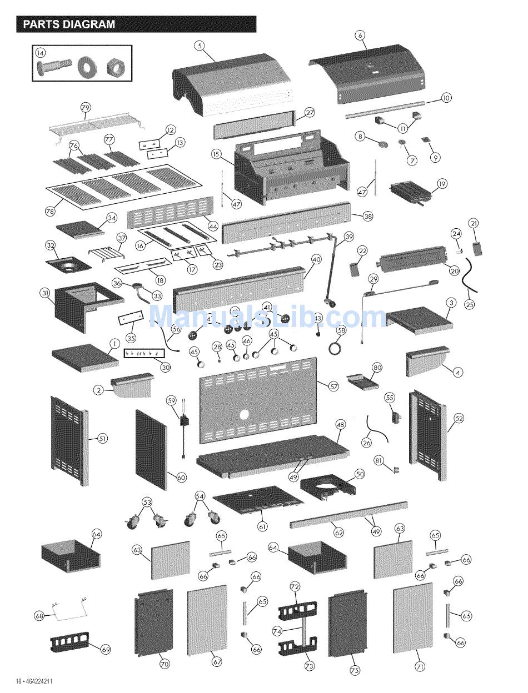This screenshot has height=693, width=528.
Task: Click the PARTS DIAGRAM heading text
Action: (x=69, y=24)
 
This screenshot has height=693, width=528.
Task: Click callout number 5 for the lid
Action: (x=200, y=46)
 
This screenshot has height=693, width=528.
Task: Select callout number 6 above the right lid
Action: (x=360, y=36)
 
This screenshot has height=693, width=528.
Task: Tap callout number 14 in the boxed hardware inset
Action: (x=41, y=53)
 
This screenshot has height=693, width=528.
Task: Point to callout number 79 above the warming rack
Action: (x=86, y=108)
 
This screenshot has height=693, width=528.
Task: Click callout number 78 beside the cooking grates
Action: (x=50, y=211)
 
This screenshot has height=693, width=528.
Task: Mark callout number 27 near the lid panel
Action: (x=310, y=112)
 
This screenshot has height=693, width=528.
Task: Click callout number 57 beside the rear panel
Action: (x=333, y=387)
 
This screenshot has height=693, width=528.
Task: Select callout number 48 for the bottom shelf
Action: (x=340, y=425)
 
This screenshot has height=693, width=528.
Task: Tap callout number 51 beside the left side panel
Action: (x=102, y=439)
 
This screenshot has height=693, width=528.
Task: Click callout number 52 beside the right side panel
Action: (x=459, y=418)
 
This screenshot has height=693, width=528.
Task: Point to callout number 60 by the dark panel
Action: (x=182, y=478)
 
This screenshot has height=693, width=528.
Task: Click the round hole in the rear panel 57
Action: (x=244, y=415)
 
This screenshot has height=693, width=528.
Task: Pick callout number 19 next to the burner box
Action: (x=442, y=184)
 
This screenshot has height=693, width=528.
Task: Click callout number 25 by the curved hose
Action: (x=470, y=304)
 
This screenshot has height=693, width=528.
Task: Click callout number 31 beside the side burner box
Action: (x=45, y=293)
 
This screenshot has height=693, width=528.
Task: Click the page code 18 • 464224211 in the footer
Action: (x=34, y=681)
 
